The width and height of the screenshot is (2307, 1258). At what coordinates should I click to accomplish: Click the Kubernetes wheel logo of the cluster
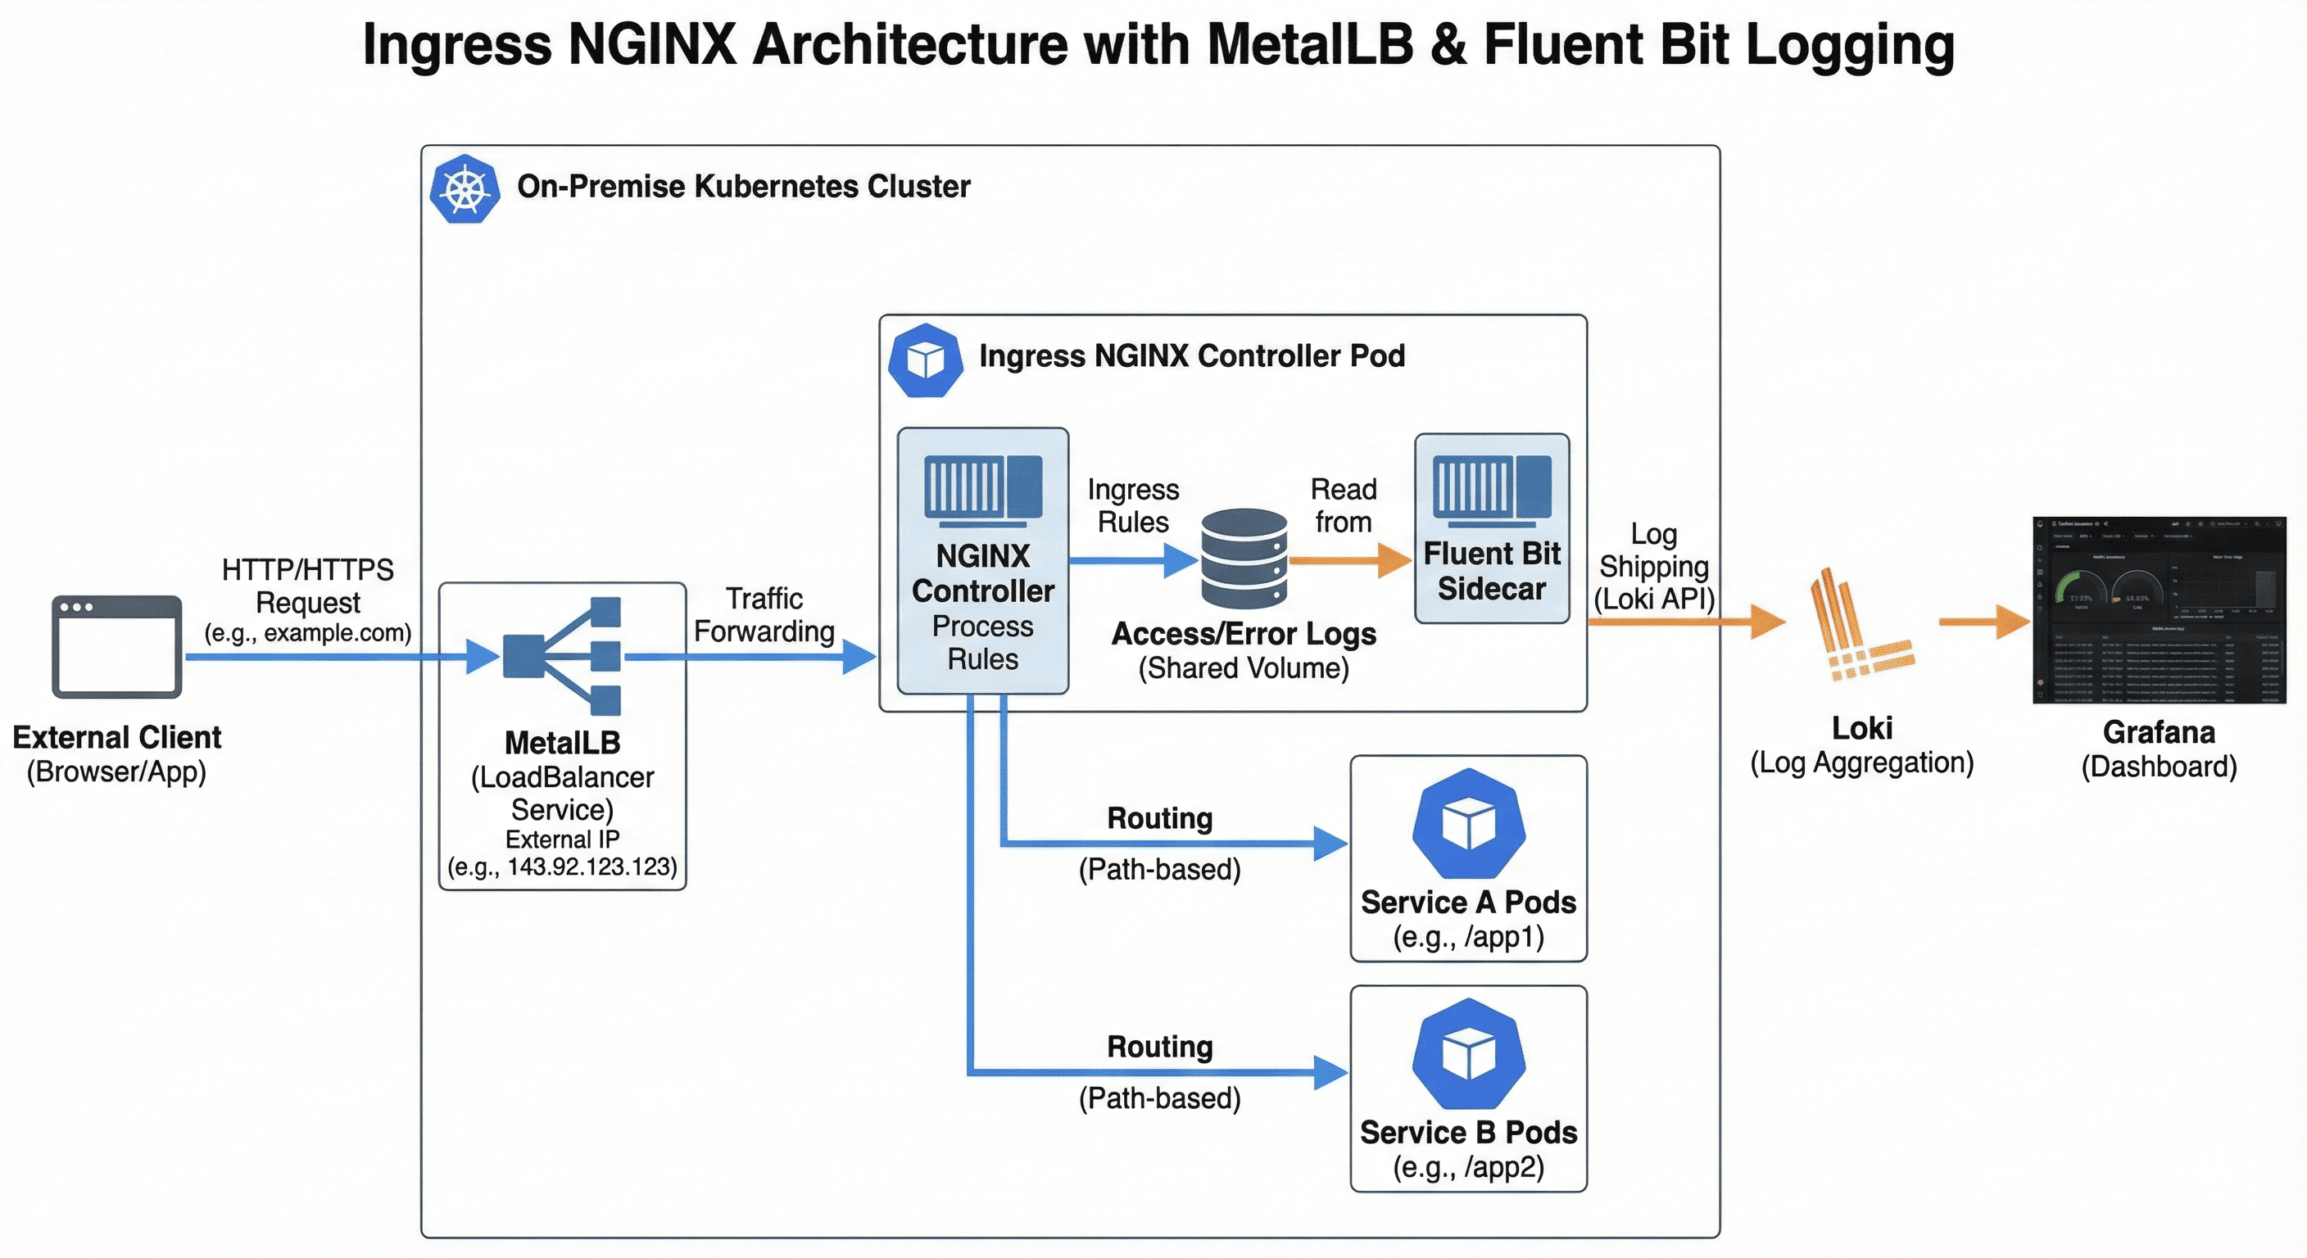[464, 189]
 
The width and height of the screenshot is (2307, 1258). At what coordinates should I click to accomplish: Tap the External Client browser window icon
[116, 646]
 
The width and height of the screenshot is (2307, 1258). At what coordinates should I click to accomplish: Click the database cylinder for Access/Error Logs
[1244, 559]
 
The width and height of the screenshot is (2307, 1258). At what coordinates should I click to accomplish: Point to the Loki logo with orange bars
[1859, 626]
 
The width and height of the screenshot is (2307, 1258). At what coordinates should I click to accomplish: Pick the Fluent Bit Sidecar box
[1491, 528]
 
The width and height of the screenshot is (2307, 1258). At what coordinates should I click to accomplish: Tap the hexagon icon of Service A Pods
[1468, 823]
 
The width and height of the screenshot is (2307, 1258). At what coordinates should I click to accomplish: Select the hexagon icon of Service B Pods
[1468, 1053]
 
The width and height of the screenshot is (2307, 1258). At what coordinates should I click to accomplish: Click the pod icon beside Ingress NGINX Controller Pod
[925, 360]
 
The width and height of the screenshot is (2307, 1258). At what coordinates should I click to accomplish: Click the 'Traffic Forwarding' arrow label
[764, 615]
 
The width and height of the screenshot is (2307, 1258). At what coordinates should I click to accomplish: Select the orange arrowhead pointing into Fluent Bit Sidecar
[1394, 560]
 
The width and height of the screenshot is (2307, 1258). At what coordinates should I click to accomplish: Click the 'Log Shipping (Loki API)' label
[1653, 567]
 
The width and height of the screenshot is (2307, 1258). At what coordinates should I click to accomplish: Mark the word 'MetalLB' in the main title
[1310, 45]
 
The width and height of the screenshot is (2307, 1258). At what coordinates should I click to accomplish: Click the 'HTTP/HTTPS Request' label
[307, 586]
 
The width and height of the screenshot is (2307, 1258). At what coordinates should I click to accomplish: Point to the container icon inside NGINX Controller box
[982, 489]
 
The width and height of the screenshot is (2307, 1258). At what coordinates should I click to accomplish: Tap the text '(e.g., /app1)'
[1468, 938]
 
